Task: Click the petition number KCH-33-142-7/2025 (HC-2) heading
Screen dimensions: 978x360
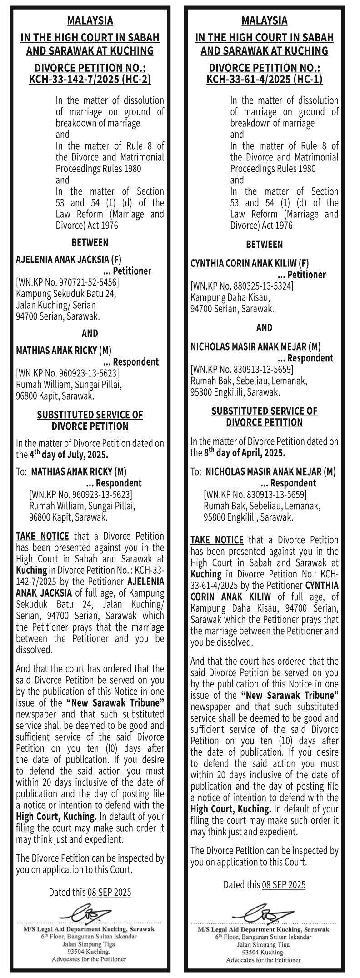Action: [90, 80]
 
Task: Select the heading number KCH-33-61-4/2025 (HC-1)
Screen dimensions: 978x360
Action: [264, 80]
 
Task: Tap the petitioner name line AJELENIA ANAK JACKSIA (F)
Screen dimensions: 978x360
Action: [69, 260]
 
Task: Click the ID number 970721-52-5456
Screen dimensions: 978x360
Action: [86, 282]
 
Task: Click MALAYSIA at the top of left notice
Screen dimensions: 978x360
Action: [90, 20]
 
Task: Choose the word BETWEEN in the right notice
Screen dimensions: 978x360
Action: [264, 244]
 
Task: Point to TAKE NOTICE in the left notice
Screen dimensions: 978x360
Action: [42, 537]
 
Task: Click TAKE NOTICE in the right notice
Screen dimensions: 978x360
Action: [217, 540]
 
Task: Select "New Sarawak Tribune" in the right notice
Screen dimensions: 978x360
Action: [290, 695]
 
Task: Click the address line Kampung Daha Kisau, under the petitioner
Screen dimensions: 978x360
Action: [230, 297]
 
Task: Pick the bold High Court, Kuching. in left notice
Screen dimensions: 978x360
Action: [56, 817]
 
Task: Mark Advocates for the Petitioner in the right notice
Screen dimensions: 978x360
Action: [264, 960]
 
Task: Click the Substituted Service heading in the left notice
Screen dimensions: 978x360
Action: [90, 420]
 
